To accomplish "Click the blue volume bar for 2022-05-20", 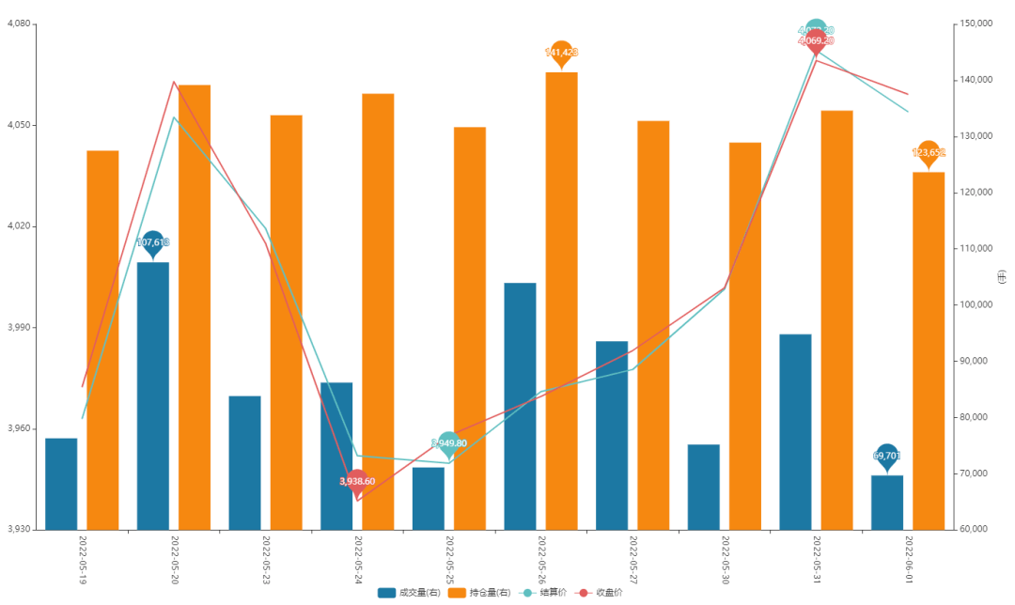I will (x=153, y=396).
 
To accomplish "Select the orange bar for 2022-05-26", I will (x=561, y=301).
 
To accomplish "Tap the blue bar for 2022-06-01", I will (x=886, y=503).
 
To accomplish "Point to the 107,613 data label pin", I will (x=153, y=243).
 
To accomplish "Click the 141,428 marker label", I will (x=561, y=53).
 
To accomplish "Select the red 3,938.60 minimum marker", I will (x=357, y=481).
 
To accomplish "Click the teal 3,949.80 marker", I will (x=448, y=443).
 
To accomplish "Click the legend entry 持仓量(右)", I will (x=479, y=593).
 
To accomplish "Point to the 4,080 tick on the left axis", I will (x=19, y=23).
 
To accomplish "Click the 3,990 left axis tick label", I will (x=19, y=327).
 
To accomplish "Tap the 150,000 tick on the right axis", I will (x=978, y=23).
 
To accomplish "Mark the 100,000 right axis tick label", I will (x=978, y=304).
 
